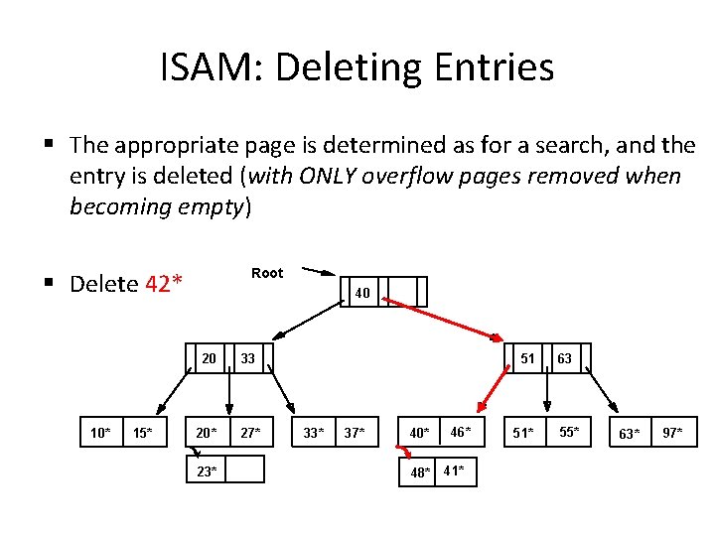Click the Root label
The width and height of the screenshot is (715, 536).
click(267, 273)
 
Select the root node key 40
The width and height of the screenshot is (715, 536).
click(362, 293)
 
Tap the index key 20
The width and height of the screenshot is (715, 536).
click(210, 358)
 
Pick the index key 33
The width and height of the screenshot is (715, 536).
click(248, 358)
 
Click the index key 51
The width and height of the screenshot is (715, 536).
click(528, 358)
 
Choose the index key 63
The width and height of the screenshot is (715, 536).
click(564, 358)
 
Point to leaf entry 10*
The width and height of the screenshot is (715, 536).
click(100, 432)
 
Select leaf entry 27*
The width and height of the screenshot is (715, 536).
click(250, 432)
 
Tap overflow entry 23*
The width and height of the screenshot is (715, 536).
click(207, 471)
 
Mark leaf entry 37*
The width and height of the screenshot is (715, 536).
click(354, 432)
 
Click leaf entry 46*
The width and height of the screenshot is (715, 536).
click(460, 432)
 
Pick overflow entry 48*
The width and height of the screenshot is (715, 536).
click(421, 472)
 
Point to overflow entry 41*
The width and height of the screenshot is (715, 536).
click(454, 470)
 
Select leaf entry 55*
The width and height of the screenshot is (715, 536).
click(567, 432)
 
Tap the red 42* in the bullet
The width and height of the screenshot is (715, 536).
click(164, 284)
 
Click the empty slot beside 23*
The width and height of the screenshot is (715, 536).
click(245, 469)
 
